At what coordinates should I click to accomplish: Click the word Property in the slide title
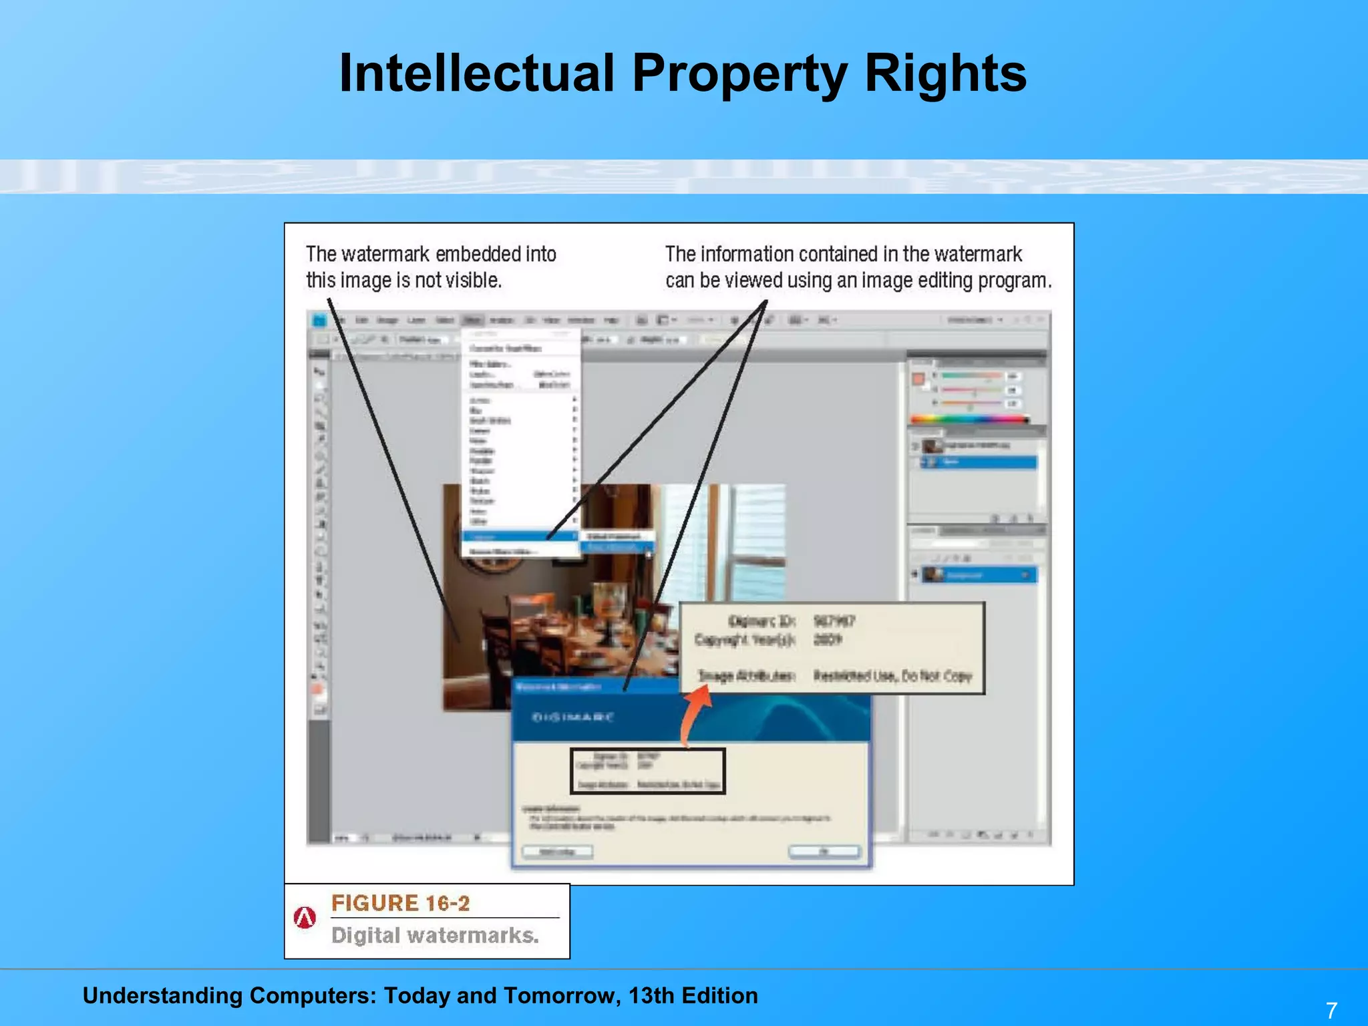click(740, 73)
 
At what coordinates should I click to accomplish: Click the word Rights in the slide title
click(945, 73)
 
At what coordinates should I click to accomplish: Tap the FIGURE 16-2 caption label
click(400, 903)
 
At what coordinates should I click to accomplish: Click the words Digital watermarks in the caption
click(435, 935)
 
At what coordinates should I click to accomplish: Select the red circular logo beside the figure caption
click(305, 918)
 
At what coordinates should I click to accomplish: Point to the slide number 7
click(1331, 1009)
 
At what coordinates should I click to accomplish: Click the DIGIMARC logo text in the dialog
click(572, 717)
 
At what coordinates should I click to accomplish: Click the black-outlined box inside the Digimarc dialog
click(647, 771)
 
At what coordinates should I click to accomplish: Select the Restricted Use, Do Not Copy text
click(892, 676)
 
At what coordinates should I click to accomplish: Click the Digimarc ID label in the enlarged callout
click(761, 621)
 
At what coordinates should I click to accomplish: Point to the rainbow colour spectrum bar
click(969, 419)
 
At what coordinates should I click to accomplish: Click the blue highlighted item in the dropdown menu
click(519, 536)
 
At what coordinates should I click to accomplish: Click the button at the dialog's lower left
click(556, 852)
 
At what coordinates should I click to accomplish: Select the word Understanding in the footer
click(162, 995)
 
